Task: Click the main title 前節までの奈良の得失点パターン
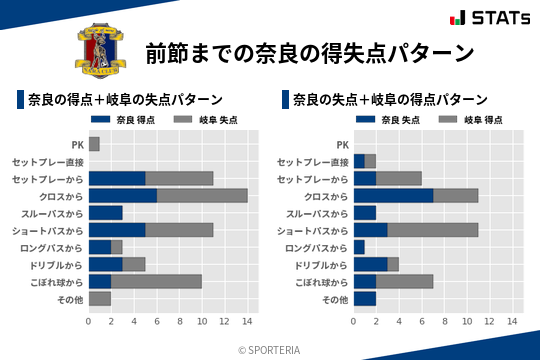pos(308,52)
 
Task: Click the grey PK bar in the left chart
pos(94,144)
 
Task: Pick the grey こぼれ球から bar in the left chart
pos(157,282)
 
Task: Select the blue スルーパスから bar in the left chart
pos(105,213)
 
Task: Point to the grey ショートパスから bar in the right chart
pos(433,230)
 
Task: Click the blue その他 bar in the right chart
pos(365,299)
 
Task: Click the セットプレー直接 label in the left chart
pos(48,162)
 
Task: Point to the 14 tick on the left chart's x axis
pos(248,321)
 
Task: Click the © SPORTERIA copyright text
pos(270,349)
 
